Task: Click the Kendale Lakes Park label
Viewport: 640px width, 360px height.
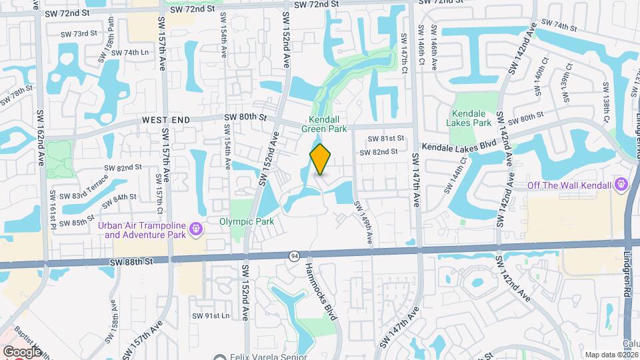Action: click(471, 118)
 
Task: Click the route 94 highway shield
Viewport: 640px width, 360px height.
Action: click(294, 255)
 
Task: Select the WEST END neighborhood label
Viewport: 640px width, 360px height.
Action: click(166, 119)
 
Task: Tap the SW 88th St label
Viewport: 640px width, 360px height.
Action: click(133, 262)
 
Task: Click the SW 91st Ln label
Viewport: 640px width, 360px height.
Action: click(210, 315)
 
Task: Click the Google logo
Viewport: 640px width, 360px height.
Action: click(23, 351)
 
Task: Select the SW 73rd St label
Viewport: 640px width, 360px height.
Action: click(79, 33)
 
